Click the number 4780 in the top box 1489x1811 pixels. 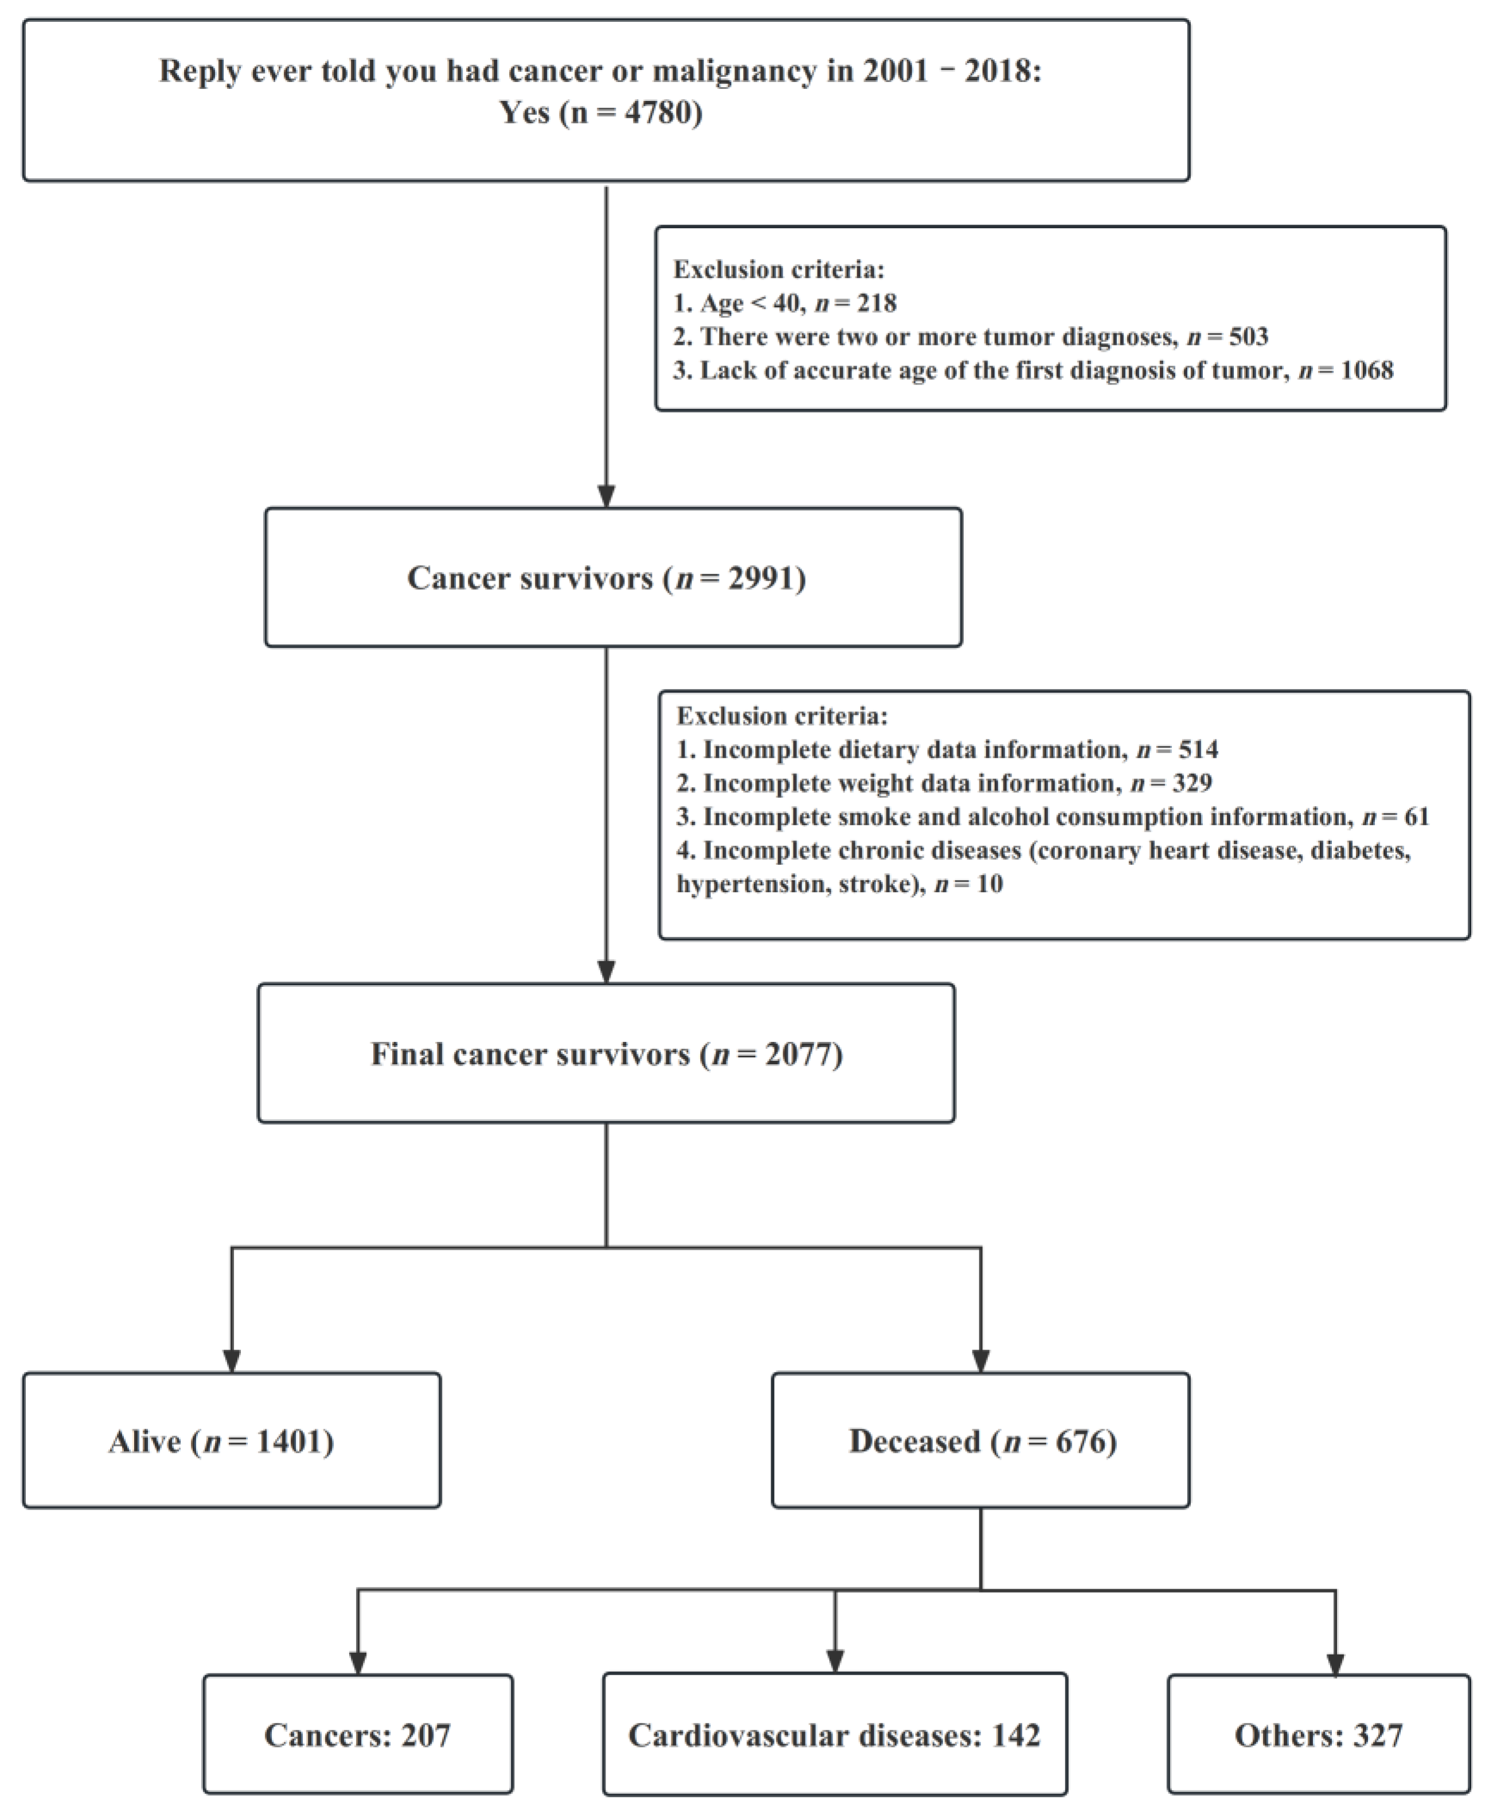pyautogui.click(x=658, y=112)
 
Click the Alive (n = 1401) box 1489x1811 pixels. pyautogui.click(x=232, y=1441)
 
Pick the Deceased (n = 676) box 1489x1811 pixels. pyautogui.click(x=980, y=1441)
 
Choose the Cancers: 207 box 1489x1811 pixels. pyautogui.click(x=358, y=1735)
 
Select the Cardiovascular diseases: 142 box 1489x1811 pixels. pyautogui.click(x=835, y=1735)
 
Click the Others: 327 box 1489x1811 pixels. pyautogui.click(x=1318, y=1735)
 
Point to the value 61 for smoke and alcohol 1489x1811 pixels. pyautogui.click(x=1417, y=816)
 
